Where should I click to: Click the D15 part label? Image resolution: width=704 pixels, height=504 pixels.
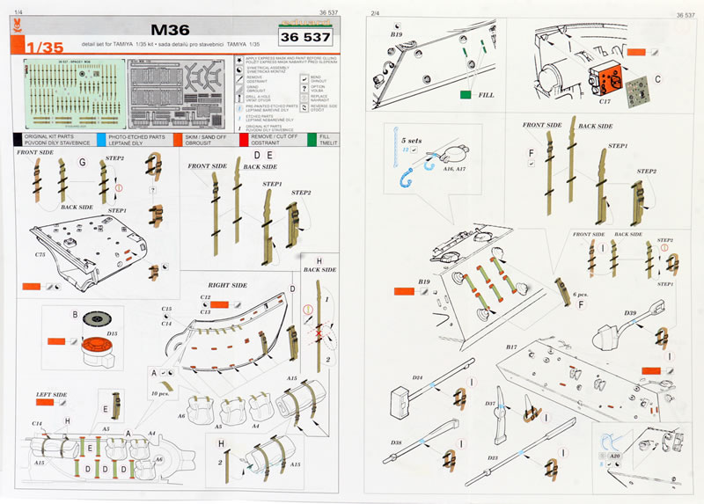click(112, 334)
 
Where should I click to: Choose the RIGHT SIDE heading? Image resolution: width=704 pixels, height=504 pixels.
click(228, 286)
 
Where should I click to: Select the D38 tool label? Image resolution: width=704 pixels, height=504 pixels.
click(397, 442)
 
